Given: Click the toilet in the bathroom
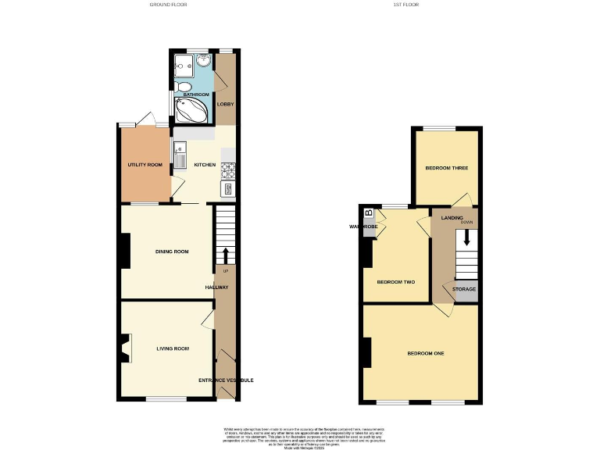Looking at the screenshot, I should [182, 87].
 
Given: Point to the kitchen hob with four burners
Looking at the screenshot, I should [229, 168].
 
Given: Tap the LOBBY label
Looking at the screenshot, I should [225, 104].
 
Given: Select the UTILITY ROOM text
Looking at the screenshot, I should [145, 165].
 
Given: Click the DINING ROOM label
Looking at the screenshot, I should [172, 252].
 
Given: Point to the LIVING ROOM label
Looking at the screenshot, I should [173, 348].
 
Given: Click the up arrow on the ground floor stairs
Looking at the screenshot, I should [226, 255].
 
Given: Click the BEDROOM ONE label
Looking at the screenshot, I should [426, 354].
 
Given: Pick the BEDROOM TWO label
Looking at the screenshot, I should [395, 282].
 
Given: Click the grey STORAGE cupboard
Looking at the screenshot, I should [465, 290].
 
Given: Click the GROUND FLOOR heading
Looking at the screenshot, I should [168, 5].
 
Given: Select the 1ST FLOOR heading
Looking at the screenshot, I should [407, 5].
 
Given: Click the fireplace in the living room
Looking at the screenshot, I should [125, 348].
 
